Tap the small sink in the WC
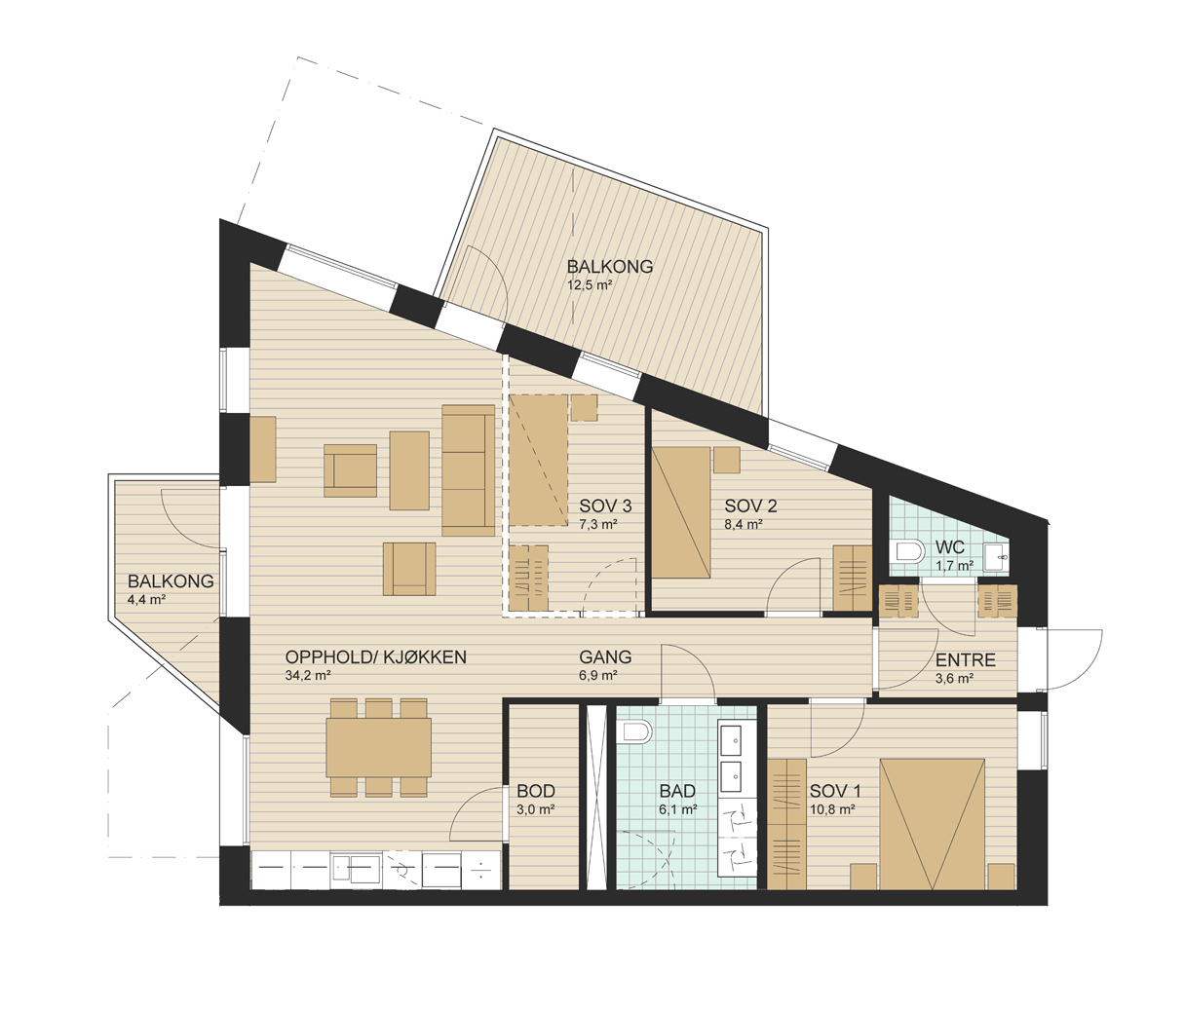click(x=997, y=557)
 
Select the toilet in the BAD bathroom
click(x=633, y=731)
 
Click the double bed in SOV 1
click(x=932, y=824)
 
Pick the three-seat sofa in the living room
click(x=468, y=470)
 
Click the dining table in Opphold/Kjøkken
click(x=379, y=748)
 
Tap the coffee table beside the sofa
click(x=409, y=470)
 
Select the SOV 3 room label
click(x=605, y=506)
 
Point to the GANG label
click(x=605, y=656)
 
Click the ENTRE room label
click(x=966, y=660)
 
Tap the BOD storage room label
click(x=536, y=791)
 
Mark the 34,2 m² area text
click(x=308, y=674)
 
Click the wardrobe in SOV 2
click(x=853, y=579)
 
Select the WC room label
click(x=950, y=547)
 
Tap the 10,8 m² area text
click(x=832, y=809)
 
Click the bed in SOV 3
click(x=539, y=461)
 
